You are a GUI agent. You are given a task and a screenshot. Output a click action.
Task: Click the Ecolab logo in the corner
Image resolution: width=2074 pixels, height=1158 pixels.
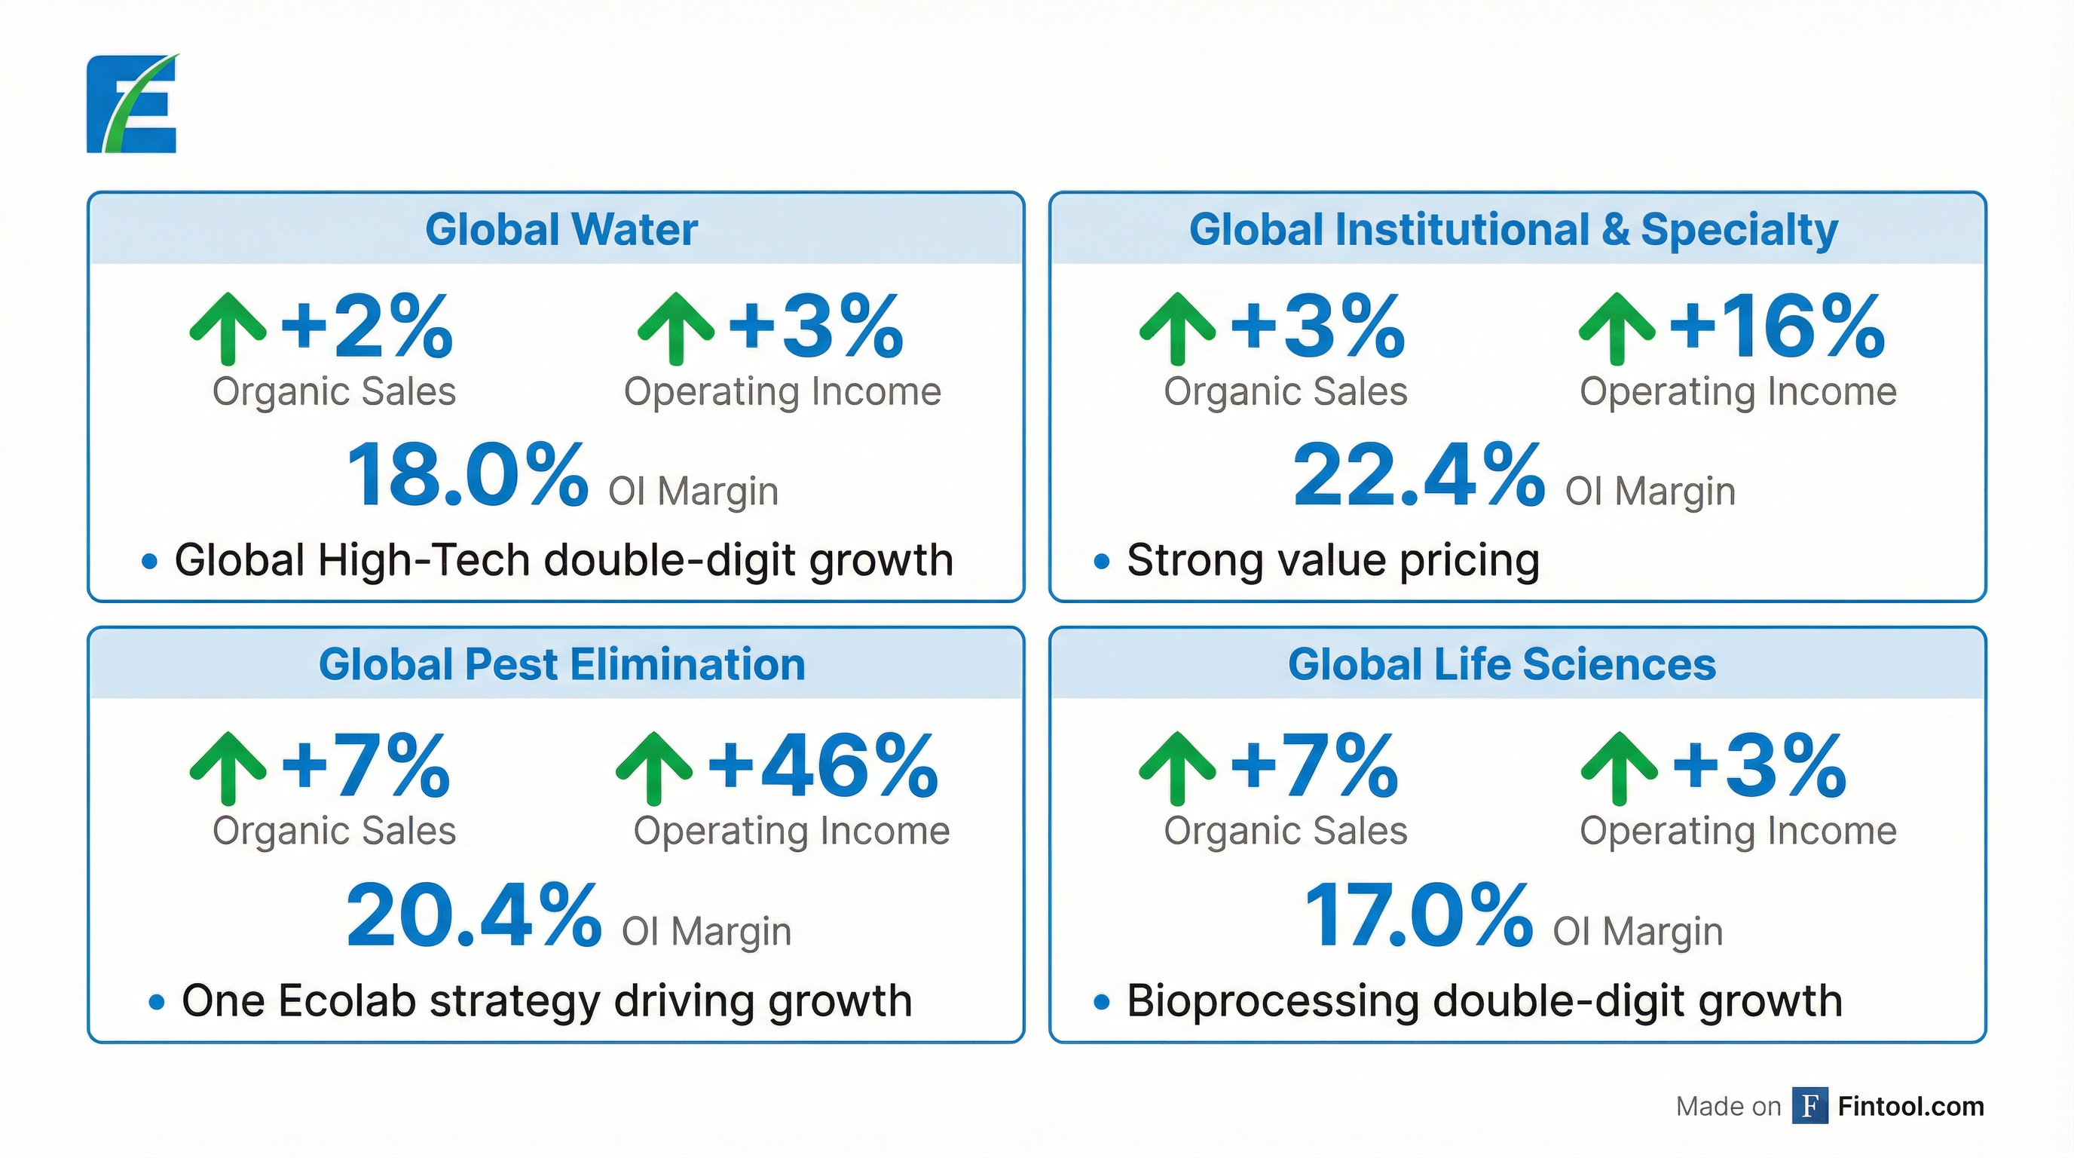132,104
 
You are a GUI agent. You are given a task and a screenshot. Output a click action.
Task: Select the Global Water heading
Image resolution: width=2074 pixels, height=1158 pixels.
561,229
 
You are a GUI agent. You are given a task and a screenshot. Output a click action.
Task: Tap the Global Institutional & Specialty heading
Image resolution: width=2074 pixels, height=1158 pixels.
1513,229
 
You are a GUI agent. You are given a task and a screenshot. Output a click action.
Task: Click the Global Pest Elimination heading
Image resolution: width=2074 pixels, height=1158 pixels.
562,664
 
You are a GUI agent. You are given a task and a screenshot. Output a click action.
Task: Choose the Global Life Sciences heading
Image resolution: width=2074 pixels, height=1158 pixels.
1501,664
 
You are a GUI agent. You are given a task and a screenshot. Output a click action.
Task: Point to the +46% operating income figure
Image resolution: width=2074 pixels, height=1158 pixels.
822,766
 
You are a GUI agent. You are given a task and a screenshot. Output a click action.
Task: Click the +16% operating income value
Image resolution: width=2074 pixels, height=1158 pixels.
1776,326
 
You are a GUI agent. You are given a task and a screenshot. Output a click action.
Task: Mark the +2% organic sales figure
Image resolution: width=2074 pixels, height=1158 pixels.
366,326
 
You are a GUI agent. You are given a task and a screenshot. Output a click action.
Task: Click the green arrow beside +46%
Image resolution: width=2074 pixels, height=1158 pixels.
653,767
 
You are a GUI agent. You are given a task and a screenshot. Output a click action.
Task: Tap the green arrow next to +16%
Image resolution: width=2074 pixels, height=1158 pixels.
1617,328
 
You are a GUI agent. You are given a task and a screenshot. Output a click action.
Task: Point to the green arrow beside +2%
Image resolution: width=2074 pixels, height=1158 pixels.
228,328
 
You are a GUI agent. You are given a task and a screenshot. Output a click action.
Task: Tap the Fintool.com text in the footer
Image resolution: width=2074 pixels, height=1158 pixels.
1910,1107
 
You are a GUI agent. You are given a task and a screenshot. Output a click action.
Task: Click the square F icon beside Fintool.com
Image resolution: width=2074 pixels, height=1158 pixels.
1809,1106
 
